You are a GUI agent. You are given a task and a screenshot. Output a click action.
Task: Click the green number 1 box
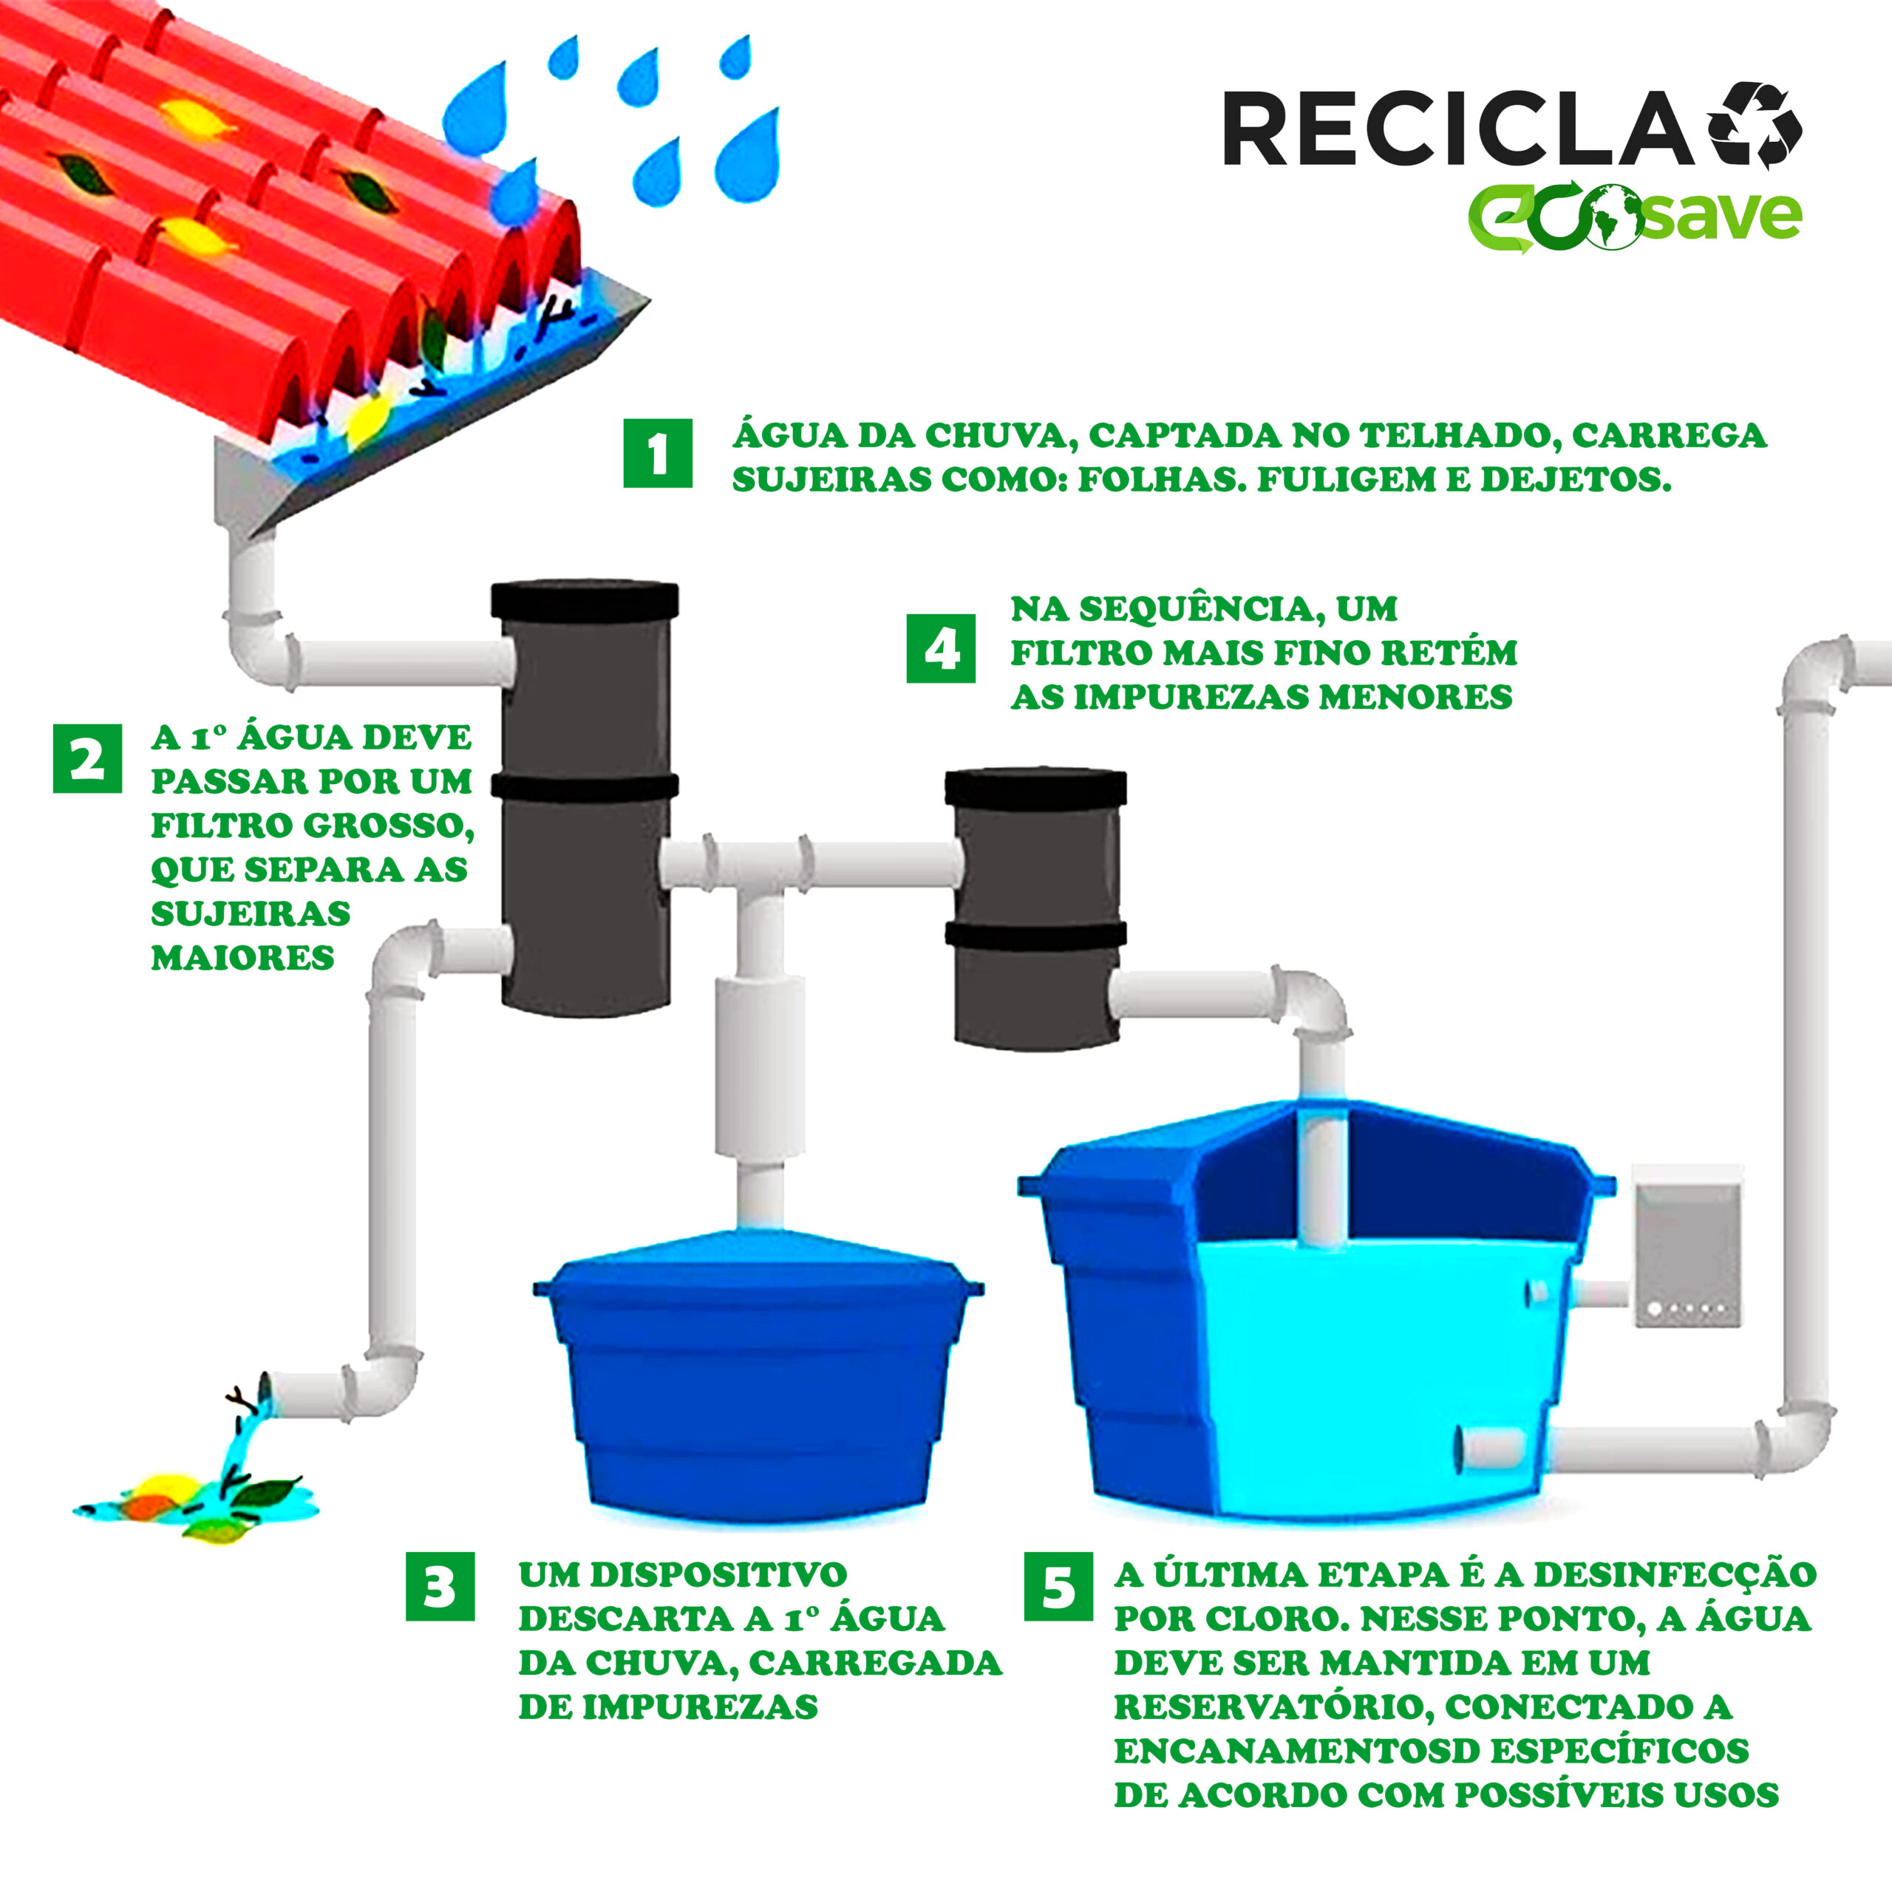[x=657, y=453]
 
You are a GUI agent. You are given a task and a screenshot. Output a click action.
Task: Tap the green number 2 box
[x=87, y=758]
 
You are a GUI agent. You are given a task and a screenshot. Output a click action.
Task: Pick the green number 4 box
[x=940, y=648]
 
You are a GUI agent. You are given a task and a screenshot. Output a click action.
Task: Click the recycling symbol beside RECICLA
[x=1754, y=126]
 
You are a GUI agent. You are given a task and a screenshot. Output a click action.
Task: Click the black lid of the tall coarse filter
[x=585, y=599]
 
